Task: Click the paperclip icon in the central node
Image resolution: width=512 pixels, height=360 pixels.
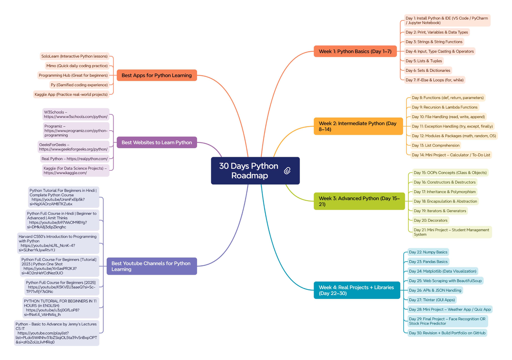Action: click(x=287, y=171)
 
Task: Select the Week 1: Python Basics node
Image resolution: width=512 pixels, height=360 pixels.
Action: click(x=355, y=51)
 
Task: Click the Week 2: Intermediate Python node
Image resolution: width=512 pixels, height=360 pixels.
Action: click(x=358, y=126)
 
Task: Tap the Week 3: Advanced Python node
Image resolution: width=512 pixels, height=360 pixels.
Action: click(x=359, y=201)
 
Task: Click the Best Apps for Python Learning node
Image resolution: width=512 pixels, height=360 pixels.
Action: click(x=157, y=75)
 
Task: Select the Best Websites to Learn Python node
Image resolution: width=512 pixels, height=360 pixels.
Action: click(x=157, y=142)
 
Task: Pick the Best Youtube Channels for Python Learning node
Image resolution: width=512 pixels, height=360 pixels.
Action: click(x=151, y=266)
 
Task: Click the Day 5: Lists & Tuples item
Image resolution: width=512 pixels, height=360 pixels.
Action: click(x=424, y=61)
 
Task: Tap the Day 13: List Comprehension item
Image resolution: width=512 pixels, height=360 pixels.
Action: click(x=436, y=145)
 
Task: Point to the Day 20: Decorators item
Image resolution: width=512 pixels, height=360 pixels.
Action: click(x=431, y=220)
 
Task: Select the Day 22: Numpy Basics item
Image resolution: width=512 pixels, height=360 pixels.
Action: click(x=428, y=252)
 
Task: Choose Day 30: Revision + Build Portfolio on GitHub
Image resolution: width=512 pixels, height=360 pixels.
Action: click(x=447, y=333)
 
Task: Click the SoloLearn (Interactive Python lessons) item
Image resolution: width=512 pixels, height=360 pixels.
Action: click(x=74, y=56)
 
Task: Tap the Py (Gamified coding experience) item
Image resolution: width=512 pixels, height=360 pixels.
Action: click(x=79, y=85)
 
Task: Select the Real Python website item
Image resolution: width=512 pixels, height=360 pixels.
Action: click(x=74, y=158)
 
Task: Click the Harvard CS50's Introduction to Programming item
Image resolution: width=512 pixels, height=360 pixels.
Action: click(x=58, y=243)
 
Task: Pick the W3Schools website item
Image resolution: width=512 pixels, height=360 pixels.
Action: click(x=76, y=114)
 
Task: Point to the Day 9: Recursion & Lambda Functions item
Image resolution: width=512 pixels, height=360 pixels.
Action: click(x=445, y=107)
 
